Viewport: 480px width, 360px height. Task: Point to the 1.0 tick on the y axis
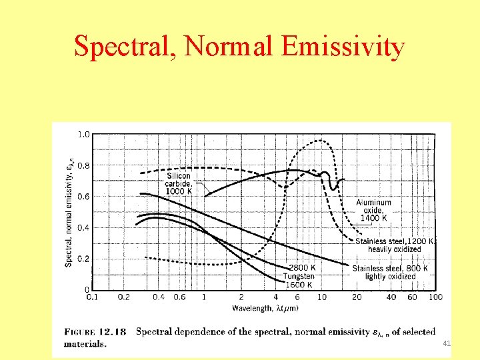tap(83, 135)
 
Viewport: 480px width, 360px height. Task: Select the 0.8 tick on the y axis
tap(83, 165)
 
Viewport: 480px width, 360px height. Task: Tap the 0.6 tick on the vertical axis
tap(83, 197)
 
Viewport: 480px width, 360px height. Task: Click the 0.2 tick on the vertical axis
tap(83, 259)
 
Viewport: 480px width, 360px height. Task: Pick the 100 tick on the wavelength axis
tap(435, 297)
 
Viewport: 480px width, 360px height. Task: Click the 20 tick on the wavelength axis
tap(357, 297)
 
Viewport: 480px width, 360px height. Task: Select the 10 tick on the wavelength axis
tap(322, 297)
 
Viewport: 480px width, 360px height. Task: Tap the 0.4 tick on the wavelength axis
tap(159, 297)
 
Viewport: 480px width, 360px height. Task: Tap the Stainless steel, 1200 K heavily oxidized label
tap(395, 245)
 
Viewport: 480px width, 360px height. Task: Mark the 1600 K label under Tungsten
tap(298, 285)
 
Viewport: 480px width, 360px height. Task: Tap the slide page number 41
tap(447, 343)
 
